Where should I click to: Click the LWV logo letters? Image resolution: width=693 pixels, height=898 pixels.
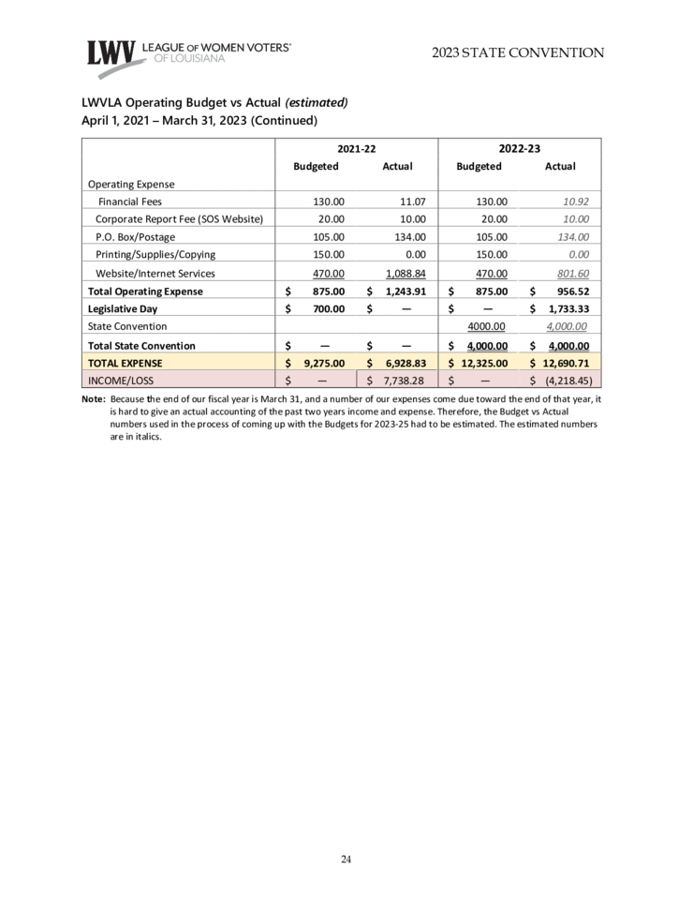tap(111, 53)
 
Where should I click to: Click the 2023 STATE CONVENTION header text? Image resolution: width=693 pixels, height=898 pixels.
tap(518, 52)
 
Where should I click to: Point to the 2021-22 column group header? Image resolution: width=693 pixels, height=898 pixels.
tap(356, 148)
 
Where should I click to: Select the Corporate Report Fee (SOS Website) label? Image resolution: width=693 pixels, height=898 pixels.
tap(180, 219)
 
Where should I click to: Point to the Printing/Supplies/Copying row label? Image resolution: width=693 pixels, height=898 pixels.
tap(155, 255)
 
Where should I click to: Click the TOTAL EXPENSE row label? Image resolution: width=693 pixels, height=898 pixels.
tap(125, 363)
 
